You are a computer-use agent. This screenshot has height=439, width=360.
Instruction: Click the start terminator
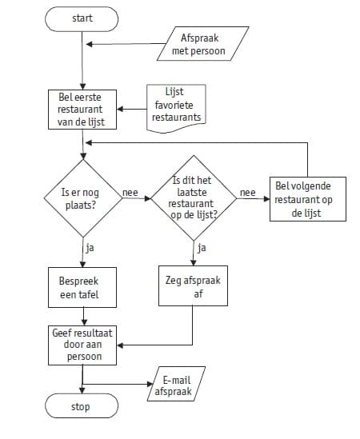(x=82, y=19)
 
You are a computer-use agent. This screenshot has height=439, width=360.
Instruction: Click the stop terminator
(x=82, y=405)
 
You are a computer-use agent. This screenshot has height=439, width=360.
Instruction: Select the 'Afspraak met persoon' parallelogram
(x=203, y=44)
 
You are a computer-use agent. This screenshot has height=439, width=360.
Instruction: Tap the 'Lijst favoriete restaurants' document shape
(x=176, y=108)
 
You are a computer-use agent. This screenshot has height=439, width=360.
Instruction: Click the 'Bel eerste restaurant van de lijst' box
(x=82, y=110)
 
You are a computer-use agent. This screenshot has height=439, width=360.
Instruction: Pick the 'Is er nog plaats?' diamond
(x=83, y=198)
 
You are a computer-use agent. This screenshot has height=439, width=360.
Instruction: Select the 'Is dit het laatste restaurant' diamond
(x=194, y=198)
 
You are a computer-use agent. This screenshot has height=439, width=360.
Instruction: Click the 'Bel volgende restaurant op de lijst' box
(x=308, y=199)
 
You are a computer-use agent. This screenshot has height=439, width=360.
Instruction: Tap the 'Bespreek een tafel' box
(x=82, y=288)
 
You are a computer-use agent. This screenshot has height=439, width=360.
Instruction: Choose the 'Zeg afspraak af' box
(x=193, y=285)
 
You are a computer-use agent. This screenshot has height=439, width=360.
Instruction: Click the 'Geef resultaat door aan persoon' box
(x=82, y=345)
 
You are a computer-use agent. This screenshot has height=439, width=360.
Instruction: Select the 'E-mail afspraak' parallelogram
(x=176, y=384)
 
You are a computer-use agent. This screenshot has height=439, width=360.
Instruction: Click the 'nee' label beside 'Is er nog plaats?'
(x=130, y=193)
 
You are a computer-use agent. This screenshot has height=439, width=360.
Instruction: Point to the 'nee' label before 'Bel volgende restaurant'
(x=248, y=193)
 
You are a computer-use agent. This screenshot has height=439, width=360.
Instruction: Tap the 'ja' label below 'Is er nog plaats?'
(x=90, y=248)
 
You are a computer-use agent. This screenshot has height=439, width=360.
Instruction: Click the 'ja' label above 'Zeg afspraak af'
(x=202, y=248)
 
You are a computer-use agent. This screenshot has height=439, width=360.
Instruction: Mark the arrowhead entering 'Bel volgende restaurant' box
(x=266, y=199)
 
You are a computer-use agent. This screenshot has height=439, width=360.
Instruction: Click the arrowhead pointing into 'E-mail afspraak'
(x=150, y=384)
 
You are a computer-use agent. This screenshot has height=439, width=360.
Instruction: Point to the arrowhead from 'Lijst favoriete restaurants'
(x=120, y=109)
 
